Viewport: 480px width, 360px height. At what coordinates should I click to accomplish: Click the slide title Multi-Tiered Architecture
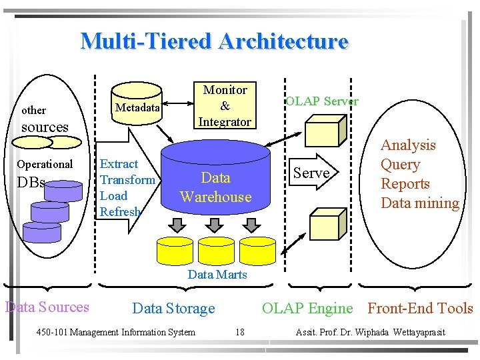[214, 41]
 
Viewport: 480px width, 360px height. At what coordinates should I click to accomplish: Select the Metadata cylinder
[137, 105]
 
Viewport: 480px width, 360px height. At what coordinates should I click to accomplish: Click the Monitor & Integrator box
[225, 105]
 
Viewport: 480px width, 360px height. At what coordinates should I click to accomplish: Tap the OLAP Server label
[322, 101]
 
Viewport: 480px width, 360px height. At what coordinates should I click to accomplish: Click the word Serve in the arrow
[311, 173]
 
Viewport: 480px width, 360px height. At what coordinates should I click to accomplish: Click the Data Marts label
[217, 275]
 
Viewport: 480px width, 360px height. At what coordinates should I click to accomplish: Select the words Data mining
[419, 203]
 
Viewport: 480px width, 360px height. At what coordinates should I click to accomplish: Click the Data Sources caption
[47, 307]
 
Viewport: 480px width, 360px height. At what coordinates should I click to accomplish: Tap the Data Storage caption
[174, 309]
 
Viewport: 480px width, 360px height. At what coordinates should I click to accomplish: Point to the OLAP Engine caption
[307, 309]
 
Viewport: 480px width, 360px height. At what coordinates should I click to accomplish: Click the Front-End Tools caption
[420, 309]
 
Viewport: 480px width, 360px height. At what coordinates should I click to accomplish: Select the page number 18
[241, 332]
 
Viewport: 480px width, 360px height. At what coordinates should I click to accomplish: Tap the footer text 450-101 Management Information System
[115, 332]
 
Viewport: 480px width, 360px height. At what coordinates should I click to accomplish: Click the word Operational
[45, 164]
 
